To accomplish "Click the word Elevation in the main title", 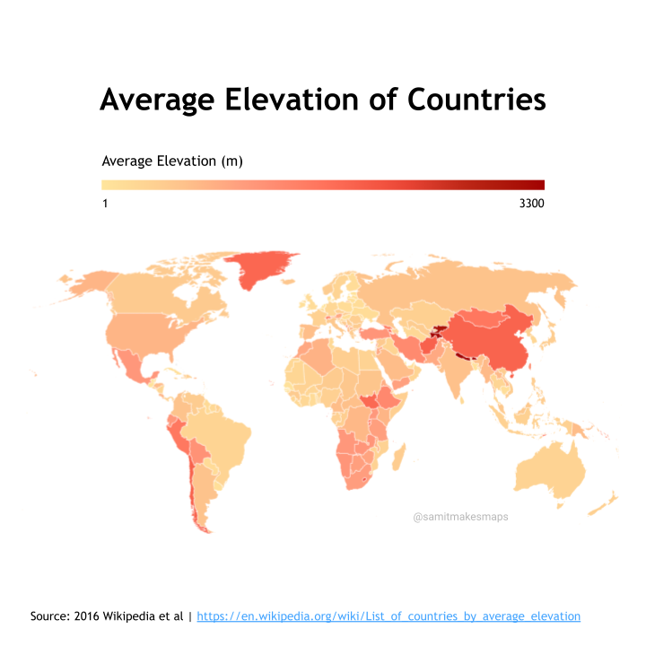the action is coord(292,100).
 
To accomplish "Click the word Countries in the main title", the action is coord(476,100).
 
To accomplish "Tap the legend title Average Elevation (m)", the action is coord(172,161).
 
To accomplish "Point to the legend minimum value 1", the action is coord(105,203).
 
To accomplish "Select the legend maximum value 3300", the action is coord(531,203).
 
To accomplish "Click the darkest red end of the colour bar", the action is coord(541,185).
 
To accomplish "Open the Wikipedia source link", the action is coord(388,615).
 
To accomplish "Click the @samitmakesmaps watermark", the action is coord(460,517).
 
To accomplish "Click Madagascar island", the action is coord(398,458).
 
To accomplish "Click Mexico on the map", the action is coord(132,367).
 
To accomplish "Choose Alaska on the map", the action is coord(89,283).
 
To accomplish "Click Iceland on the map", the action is coord(288,282).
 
